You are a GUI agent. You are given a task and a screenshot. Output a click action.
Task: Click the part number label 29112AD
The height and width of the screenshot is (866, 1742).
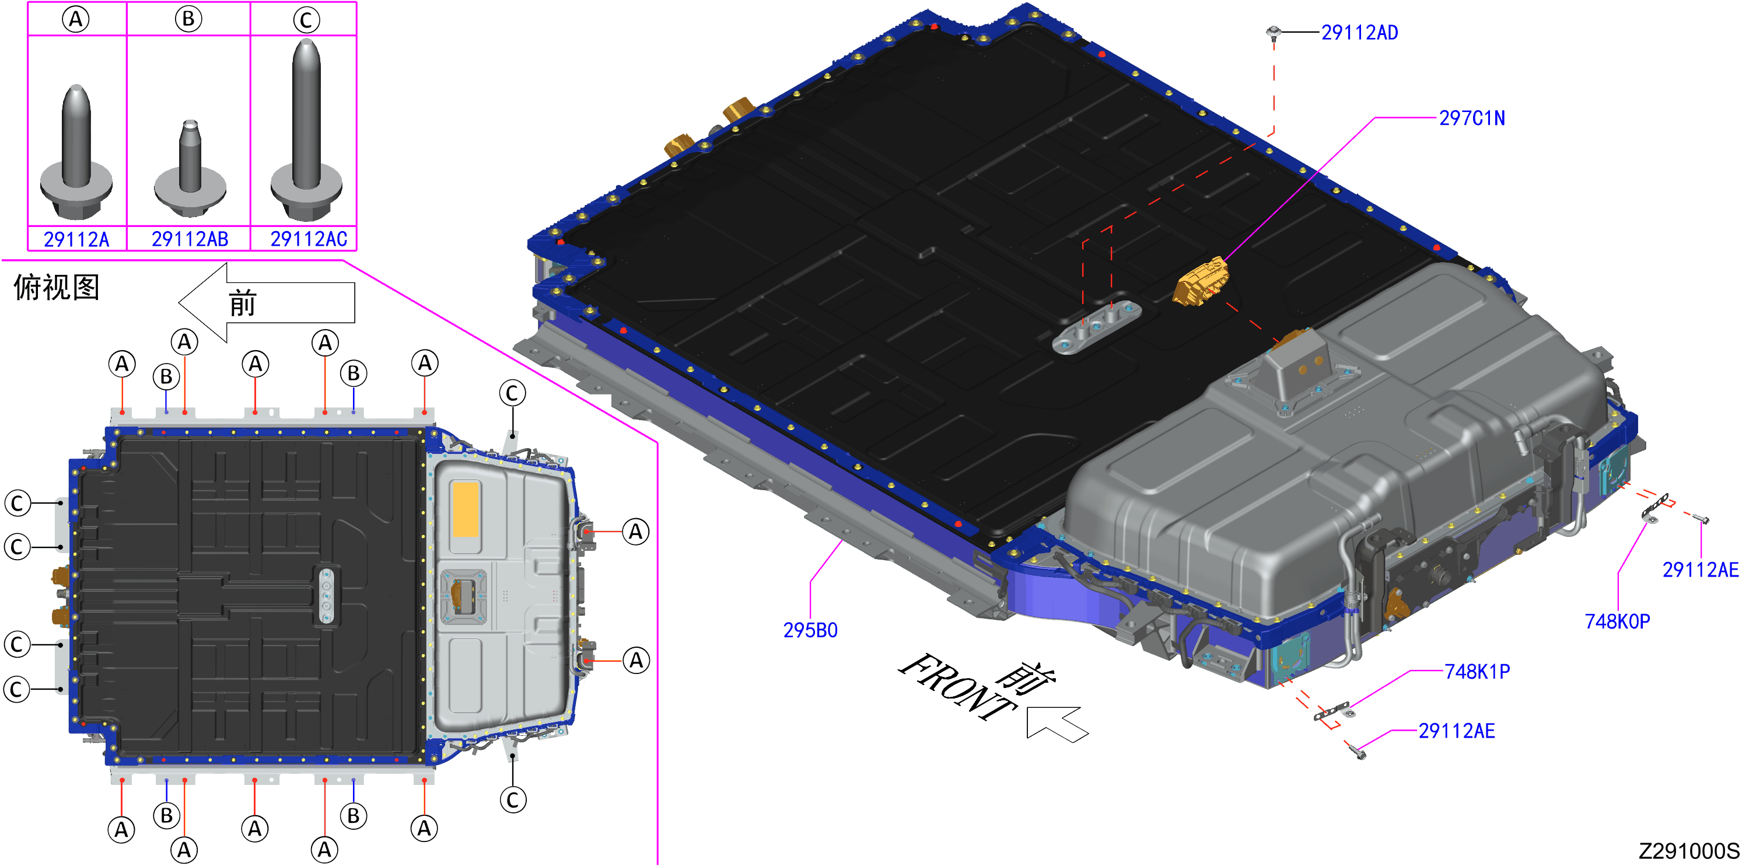1359,33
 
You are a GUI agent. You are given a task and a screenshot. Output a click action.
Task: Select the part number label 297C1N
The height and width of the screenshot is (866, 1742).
1471,118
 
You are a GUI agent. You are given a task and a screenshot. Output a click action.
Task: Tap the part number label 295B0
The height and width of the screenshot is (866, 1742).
810,631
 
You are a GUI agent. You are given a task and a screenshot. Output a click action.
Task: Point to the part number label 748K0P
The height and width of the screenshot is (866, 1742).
1617,621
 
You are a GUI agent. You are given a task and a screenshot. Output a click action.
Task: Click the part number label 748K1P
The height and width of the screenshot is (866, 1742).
1477,672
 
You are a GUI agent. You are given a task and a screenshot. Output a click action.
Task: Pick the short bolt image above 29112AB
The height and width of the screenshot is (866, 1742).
190,169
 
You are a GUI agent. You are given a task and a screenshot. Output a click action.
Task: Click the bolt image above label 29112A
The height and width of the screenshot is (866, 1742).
76,152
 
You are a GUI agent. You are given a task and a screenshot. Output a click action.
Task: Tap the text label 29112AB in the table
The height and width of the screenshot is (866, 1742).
190,239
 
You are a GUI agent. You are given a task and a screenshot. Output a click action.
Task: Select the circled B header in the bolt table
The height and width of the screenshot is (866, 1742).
188,19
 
